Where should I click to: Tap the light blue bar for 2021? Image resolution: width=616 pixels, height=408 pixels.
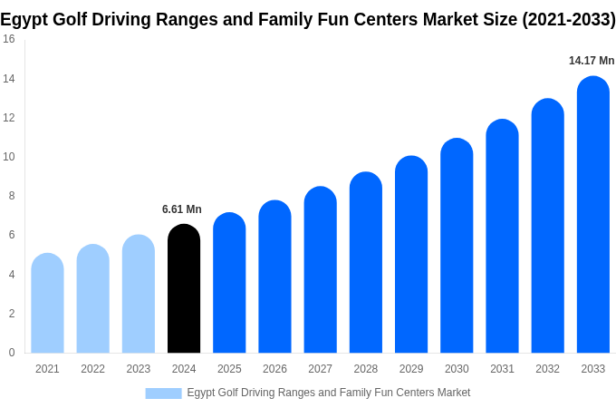47,303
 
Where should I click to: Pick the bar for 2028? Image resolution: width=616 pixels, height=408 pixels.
365,262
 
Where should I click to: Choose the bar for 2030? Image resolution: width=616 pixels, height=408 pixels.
457,246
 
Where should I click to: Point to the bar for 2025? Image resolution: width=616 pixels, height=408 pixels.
229,283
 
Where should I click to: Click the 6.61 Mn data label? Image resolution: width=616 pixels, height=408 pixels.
182,209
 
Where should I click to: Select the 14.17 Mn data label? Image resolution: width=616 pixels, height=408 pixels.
592,61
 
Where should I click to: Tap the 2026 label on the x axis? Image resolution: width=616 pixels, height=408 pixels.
274,369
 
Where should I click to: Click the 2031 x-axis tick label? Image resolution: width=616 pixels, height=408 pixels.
502,369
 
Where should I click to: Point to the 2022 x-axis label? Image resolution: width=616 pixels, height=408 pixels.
92,369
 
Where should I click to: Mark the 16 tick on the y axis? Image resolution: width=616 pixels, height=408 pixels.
8,39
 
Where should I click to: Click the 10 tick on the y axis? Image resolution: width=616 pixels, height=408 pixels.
8,157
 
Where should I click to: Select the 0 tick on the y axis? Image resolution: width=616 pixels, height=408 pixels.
11,353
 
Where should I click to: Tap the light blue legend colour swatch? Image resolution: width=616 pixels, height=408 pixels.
163,393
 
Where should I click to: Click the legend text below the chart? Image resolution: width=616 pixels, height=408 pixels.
328,393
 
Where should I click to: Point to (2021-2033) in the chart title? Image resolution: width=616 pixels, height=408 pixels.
568,19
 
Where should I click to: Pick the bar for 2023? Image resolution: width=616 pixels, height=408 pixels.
139,294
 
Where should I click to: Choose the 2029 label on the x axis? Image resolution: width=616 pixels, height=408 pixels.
411,369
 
